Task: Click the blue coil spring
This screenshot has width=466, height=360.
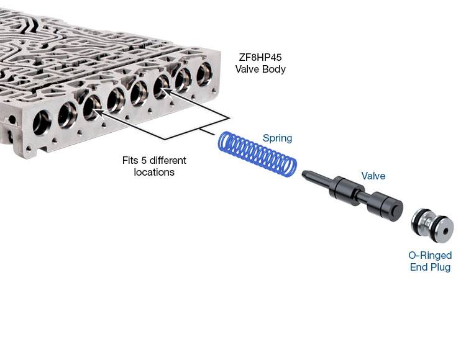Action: coord(257,154)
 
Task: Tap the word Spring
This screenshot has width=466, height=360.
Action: coord(277,138)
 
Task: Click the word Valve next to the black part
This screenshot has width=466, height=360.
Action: coord(373,176)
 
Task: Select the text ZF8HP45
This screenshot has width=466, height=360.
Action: coord(260,57)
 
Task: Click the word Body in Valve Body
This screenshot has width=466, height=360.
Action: coord(274,69)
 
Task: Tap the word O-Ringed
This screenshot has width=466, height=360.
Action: coord(430,255)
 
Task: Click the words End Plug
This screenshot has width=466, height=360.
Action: coord(430,267)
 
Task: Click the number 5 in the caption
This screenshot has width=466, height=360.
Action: coord(144,160)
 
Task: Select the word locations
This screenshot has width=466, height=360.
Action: coord(154,172)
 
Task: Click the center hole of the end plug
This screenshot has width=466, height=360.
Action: coord(445,231)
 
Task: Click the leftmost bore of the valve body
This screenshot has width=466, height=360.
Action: coord(42,122)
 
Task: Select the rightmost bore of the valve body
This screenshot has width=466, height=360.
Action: coord(204,74)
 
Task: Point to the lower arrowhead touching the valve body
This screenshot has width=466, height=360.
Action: coord(99,112)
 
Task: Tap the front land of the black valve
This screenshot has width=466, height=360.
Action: coord(345,191)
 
